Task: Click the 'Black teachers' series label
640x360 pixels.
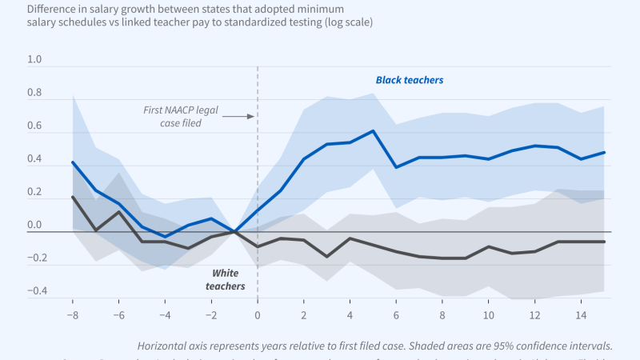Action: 410,80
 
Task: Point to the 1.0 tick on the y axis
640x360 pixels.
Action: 34,60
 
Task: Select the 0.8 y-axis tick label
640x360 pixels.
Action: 34,93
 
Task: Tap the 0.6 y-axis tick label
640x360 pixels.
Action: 34,126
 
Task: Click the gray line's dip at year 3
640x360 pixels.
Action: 327,256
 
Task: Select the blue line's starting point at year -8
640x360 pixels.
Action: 73,162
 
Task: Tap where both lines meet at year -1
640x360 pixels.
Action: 234,232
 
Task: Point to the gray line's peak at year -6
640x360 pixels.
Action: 119,212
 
